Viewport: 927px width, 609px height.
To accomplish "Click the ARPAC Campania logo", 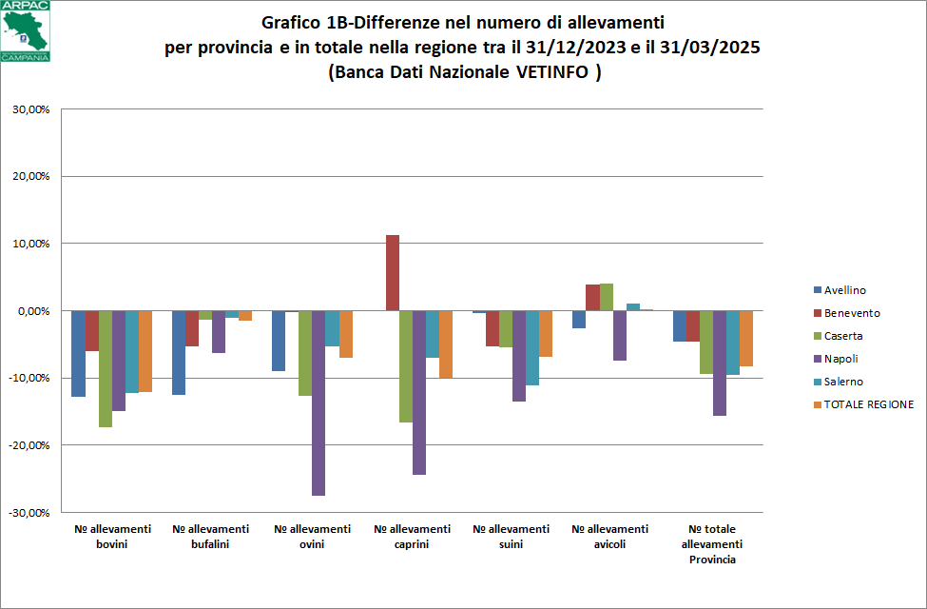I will (x=27, y=31).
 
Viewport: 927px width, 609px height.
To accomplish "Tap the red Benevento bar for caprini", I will (x=392, y=273).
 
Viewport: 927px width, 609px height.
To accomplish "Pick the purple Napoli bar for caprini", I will (x=418, y=392).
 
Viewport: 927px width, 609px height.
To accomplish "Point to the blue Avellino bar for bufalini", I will (x=179, y=352).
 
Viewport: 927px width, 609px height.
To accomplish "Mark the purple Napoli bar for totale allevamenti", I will (x=720, y=363).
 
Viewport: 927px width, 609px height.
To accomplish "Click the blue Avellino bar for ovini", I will (x=279, y=341).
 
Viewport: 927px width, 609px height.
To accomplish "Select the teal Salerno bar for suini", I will (x=532, y=347).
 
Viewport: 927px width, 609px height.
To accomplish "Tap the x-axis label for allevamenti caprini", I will (x=412, y=537).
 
